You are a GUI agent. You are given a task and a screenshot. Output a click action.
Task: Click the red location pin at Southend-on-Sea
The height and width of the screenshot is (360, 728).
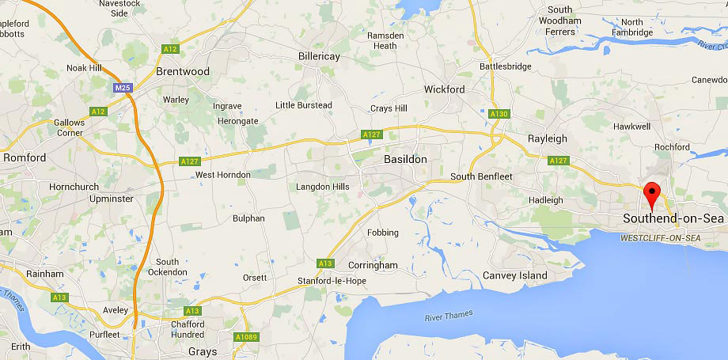[652, 193]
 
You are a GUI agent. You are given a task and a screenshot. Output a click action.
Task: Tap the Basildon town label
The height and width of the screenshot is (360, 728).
[404, 159]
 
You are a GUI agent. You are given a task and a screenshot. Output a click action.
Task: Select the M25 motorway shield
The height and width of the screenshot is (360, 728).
[122, 88]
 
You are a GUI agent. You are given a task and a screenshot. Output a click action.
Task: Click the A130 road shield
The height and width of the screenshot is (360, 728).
[499, 114]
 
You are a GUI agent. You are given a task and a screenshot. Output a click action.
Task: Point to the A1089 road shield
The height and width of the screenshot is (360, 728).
[246, 337]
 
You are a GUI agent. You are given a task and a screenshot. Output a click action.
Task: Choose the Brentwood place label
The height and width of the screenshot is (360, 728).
[183, 71]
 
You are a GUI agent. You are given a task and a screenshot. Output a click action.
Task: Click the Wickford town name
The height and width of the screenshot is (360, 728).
[444, 89]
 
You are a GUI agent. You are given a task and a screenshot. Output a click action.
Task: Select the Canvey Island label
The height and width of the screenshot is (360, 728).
[514, 275]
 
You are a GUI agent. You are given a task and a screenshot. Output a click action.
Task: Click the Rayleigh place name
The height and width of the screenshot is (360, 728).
[548, 138]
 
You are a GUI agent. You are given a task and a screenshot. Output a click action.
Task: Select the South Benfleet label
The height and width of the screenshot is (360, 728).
[481, 176]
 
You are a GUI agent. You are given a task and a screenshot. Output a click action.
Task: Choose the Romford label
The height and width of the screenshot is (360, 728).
[25, 157]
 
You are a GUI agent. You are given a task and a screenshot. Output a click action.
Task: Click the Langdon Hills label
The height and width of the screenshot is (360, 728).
[322, 188]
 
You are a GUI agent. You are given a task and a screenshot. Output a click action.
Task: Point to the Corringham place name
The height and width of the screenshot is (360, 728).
[372, 266]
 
